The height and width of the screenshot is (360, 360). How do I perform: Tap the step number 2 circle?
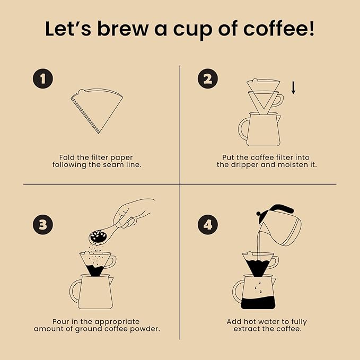(208, 79)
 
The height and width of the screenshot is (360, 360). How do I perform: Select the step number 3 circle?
(43, 224)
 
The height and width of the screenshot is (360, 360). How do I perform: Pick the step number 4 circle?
(208, 224)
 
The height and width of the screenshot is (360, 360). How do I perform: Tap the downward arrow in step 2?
(293, 88)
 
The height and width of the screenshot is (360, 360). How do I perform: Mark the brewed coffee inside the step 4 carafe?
(258, 303)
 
